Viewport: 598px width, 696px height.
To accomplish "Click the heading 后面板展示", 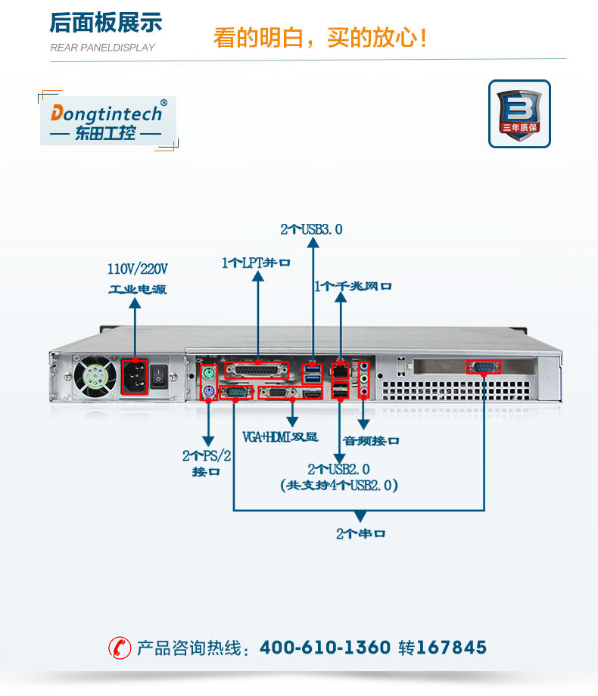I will (106, 23).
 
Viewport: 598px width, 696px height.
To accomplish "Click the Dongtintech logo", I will (107, 121).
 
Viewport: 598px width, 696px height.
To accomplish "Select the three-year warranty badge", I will (519, 113).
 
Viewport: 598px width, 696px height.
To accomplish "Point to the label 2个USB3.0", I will (311, 228).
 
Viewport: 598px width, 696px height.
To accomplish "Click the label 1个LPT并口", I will (257, 263).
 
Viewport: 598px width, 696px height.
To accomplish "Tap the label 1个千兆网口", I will (353, 286).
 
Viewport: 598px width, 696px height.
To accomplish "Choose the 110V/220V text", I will (137, 269).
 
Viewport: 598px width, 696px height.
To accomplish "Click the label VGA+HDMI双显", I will (280, 437).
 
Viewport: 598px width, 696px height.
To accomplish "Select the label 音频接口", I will (371, 440).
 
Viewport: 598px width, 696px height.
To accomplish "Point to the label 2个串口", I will (360, 533).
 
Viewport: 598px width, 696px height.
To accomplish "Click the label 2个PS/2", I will (207, 455).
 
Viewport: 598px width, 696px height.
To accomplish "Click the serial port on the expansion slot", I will (483, 367).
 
